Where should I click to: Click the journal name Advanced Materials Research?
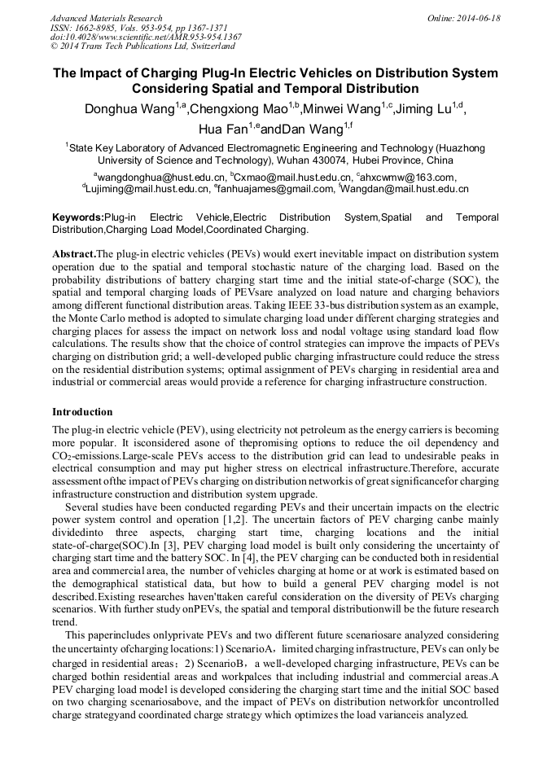pyautogui.click(x=106, y=18)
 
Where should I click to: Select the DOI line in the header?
pyautogui.click(x=146, y=37)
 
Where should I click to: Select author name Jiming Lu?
pyautogui.click(x=426, y=109)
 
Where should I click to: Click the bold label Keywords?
pyautogui.click(x=78, y=218)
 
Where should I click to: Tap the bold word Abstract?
pyautogui.click(x=73, y=253)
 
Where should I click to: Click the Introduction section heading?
pyautogui.click(x=82, y=412)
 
